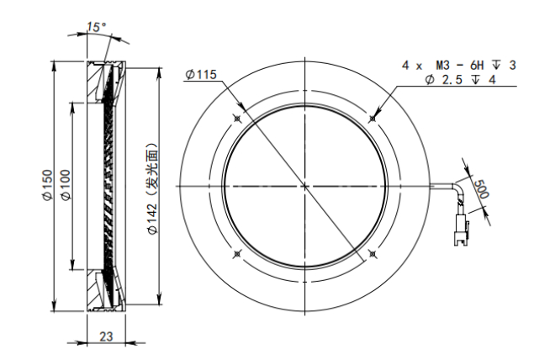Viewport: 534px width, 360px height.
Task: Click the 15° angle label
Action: click(96, 27)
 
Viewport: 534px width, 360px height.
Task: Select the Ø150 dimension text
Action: click(48, 185)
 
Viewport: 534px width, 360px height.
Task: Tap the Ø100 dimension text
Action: click(65, 185)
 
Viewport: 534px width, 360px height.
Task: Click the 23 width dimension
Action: click(106, 336)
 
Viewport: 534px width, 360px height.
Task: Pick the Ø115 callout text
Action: click(201, 74)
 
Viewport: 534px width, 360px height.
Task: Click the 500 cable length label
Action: click(482, 189)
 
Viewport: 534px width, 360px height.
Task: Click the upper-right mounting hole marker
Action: click(373, 119)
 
